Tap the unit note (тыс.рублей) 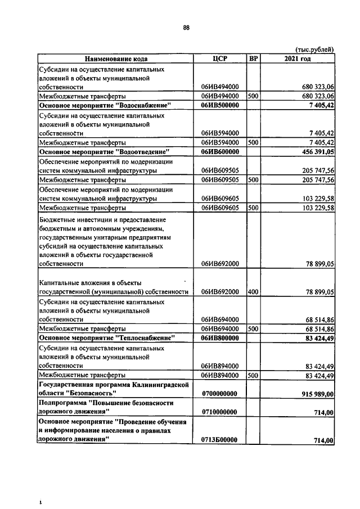(314, 49)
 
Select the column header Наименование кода (116, 58)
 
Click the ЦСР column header (220, 58)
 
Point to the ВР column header (253, 58)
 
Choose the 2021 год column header (298, 58)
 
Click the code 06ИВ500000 (220, 105)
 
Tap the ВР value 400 (253, 292)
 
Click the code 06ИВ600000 (220, 152)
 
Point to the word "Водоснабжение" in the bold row (143, 105)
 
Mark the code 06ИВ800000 (220, 338)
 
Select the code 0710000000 (220, 412)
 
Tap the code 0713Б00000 (220, 440)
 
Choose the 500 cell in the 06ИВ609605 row (253, 208)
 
